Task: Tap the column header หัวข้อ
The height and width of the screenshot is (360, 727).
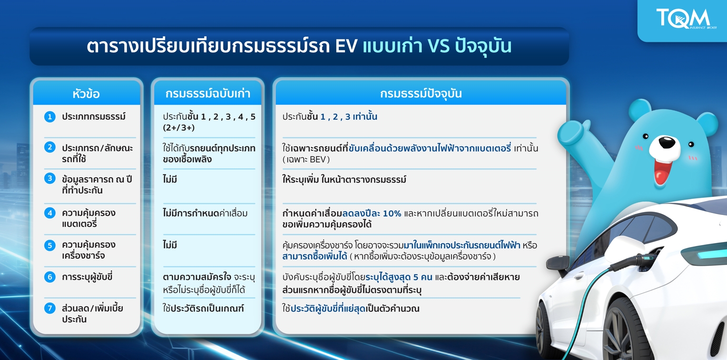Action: click(86, 94)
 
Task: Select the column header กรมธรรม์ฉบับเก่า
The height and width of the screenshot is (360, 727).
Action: click(208, 94)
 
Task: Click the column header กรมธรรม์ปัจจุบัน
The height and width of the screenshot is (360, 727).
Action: click(421, 94)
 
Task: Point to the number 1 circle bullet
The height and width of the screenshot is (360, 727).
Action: click(49, 117)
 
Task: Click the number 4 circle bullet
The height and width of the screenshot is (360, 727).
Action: click(49, 213)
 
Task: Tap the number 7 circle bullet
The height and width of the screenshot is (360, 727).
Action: click(49, 308)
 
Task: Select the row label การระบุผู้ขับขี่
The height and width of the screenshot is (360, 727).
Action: click(87, 277)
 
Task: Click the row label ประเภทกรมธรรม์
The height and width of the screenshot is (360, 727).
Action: click(94, 117)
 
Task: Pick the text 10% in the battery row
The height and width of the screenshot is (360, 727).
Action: click(392, 214)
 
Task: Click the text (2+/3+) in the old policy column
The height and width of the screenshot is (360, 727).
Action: click(179, 127)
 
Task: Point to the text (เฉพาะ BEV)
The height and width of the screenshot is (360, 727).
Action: click(306, 159)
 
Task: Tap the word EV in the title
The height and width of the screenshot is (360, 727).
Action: click(346, 46)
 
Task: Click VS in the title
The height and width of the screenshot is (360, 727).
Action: click(439, 46)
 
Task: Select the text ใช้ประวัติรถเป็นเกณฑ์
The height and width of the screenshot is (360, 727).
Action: click(203, 308)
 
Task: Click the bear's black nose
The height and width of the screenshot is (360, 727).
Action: click(666, 142)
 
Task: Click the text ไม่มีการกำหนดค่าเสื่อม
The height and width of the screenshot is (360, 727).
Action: click(205, 214)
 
